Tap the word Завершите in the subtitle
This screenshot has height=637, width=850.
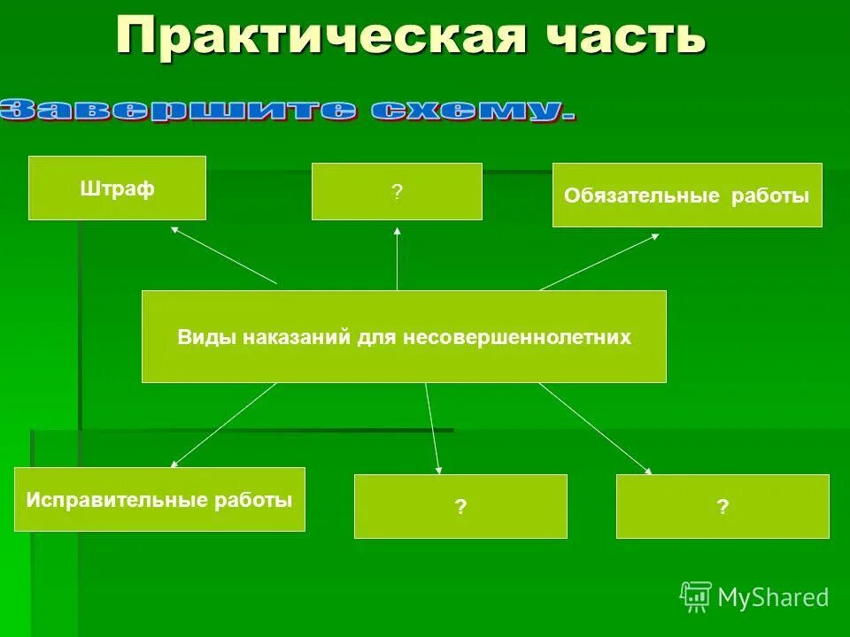click(x=178, y=111)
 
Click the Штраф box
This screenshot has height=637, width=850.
click(x=117, y=188)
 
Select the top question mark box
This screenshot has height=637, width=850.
click(x=397, y=191)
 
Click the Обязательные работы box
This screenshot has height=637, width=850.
click(x=687, y=196)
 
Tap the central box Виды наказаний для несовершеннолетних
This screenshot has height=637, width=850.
click(x=404, y=336)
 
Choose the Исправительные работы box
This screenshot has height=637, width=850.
click(x=159, y=500)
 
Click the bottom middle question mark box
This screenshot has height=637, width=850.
click(x=460, y=507)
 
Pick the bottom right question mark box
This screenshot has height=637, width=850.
click(x=722, y=507)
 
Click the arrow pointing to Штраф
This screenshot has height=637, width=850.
click(x=224, y=255)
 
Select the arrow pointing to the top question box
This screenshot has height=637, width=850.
click(x=397, y=258)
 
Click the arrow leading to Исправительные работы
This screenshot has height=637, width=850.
click(x=223, y=425)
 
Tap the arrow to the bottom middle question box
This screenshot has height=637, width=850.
click(x=432, y=427)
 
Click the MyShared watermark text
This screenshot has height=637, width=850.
click(x=773, y=598)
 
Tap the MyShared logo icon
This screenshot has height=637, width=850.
click(x=696, y=597)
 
